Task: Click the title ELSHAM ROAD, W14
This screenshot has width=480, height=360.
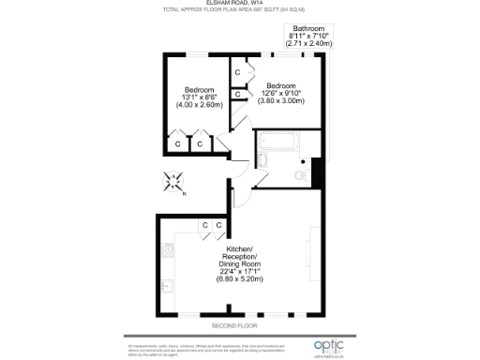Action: point(239,4)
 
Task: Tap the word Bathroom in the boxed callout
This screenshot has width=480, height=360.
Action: point(307,29)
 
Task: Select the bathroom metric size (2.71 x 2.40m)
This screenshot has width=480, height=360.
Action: point(307,44)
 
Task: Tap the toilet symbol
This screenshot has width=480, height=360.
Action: point(301,175)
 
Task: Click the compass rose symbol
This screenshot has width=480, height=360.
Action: point(173,182)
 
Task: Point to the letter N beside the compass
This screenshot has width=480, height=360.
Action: point(184,193)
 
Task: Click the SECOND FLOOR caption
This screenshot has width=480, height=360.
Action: point(234,325)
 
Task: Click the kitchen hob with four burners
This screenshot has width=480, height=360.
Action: point(169,250)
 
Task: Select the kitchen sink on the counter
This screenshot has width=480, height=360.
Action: point(169,285)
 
